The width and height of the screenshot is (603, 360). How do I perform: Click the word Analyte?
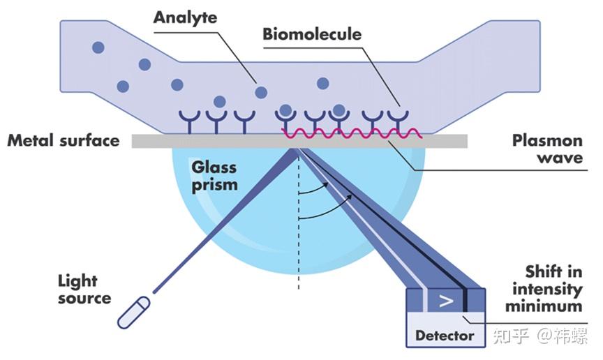click(185, 17)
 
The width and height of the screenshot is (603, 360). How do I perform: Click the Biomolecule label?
click(312, 34)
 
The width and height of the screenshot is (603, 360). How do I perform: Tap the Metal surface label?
click(64, 140)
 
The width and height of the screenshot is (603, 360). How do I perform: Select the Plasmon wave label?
click(548, 149)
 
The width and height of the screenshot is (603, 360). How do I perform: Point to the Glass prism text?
click(214, 176)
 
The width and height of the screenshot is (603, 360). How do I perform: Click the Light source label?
click(84, 290)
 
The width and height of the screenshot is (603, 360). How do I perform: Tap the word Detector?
click(445, 336)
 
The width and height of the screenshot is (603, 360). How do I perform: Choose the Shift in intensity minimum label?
click(544, 288)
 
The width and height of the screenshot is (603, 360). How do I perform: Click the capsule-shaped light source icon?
click(133, 313)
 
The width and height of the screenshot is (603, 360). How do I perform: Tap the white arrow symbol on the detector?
click(446, 301)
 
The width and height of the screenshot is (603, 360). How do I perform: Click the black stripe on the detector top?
click(466, 299)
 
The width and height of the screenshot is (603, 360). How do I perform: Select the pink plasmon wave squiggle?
click(352, 133)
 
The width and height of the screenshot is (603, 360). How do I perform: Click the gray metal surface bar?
click(299, 141)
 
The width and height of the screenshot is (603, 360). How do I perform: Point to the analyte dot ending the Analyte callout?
click(261, 92)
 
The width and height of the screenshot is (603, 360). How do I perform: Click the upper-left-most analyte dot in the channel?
click(98, 47)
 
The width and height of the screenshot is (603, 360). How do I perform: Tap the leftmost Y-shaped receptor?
click(190, 121)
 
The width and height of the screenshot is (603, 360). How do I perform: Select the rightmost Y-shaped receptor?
click(398, 121)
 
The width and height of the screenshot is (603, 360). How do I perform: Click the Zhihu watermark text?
click(540, 336)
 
